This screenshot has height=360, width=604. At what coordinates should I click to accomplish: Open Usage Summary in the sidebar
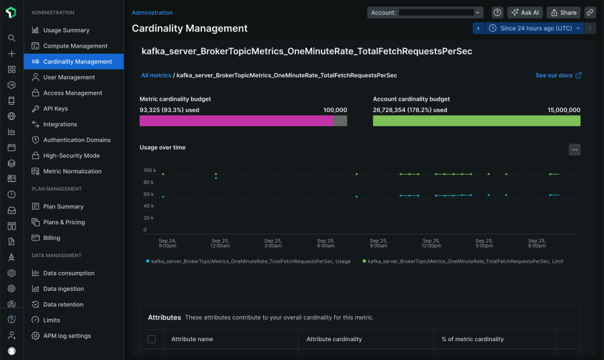(x=66, y=30)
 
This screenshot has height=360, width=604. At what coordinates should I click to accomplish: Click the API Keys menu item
(x=55, y=109)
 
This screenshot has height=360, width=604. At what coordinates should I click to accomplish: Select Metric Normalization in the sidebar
(x=72, y=171)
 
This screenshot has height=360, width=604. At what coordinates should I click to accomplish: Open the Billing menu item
(x=52, y=238)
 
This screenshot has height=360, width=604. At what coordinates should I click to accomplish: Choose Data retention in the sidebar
(x=63, y=304)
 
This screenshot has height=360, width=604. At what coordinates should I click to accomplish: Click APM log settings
(x=66, y=336)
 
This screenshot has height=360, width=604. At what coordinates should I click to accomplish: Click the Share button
(x=563, y=13)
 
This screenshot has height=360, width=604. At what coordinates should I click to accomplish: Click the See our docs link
(x=558, y=75)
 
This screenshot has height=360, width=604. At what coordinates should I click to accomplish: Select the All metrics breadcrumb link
(x=156, y=75)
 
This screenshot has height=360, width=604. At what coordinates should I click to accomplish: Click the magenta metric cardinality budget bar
(x=236, y=121)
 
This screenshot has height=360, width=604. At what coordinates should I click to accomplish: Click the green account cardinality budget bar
(x=476, y=121)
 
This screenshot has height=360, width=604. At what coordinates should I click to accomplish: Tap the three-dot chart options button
(x=574, y=150)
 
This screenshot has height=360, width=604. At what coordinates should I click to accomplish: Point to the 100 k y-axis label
(x=149, y=171)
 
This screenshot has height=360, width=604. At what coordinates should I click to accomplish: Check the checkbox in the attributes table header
(x=152, y=339)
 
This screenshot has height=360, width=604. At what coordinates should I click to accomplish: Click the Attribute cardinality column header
(x=334, y=339)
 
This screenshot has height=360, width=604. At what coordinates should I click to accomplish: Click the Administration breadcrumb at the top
(x=152, y=13)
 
